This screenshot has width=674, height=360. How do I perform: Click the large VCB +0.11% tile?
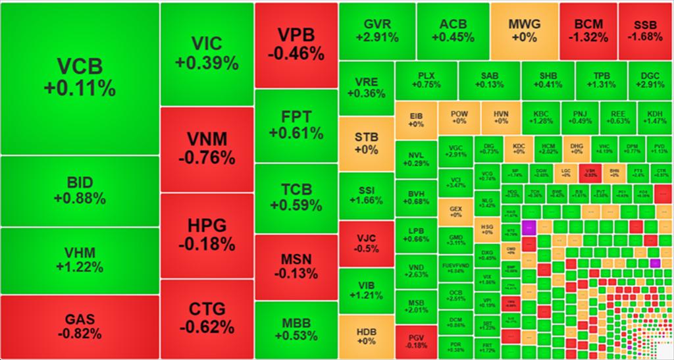(x=80, y=78)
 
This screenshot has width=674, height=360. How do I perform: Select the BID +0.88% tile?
(x=80, y=190)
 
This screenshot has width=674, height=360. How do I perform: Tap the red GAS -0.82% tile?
(x=80, y=327)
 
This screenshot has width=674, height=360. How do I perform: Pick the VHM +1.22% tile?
(x=80, y=260)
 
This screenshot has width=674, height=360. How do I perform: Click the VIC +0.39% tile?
(x=207, y=53)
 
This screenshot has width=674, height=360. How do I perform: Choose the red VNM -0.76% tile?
(x=207, y=149)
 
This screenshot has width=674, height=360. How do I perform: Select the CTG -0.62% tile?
(x=207, y=317)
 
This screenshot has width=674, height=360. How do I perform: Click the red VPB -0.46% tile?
(x=296, y=44)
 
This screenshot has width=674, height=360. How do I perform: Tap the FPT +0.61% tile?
(x=296, y=125)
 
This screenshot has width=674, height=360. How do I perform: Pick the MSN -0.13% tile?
(x=296, y=266)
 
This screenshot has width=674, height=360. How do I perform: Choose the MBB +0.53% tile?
(x=296, y=330)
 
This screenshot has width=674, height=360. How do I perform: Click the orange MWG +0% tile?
(x=524, y=30)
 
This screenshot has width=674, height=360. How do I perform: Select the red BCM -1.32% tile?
(x=587, y=30)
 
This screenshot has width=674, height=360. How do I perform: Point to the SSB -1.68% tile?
(x=645, y=30)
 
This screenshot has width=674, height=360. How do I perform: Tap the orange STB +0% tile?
(x=366, y=143)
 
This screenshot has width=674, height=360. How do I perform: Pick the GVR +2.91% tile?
(x=377, y=30)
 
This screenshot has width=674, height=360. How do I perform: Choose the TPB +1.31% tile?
(x=600, y=80)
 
